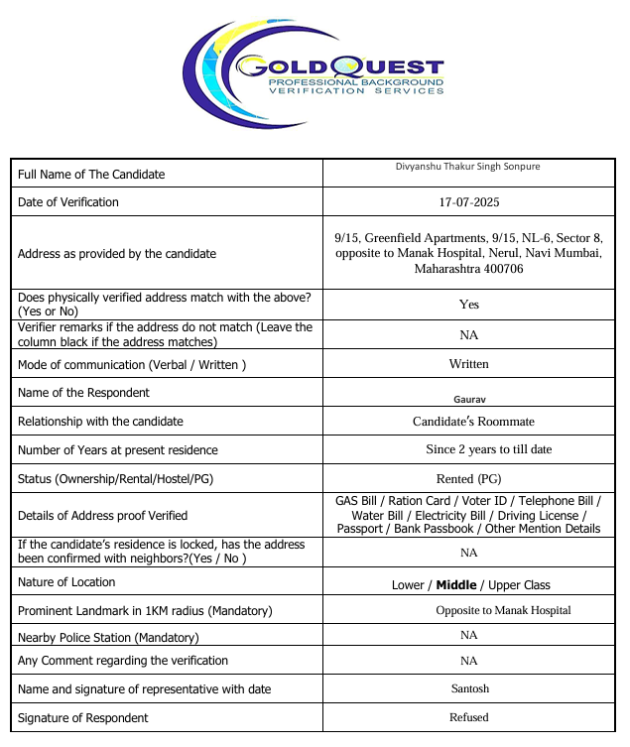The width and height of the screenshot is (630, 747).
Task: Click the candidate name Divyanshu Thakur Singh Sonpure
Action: tap(468, 167)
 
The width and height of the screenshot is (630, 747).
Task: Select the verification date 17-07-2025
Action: tap(469, 202)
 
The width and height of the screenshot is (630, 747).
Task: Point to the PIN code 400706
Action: tap(503, 269)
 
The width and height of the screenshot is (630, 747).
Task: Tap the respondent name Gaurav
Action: tap(469, 398)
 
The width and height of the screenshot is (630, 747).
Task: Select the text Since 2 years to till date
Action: tap(489, 449)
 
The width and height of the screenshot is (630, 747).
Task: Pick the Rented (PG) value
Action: tap(469, 479)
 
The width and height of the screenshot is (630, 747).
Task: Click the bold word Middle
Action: tap(456, 585)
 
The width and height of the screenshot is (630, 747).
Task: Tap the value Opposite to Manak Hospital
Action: tap(503, 610)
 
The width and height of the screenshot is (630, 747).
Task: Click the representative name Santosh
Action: tap(469, 687)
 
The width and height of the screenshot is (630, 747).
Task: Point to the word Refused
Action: tap(469, 716)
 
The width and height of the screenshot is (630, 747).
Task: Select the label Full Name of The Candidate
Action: tap(91, 175)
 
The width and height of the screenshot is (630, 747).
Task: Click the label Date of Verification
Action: tap(68, 202)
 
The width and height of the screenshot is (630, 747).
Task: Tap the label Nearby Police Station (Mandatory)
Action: tap(108, 638)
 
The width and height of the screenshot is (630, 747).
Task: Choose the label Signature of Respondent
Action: tap(83, 717)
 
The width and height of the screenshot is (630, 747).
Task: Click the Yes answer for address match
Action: tap(469, 305)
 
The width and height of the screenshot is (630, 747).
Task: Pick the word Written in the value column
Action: tap(469, 364)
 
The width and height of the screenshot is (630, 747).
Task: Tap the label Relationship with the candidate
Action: tap(100, 422)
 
